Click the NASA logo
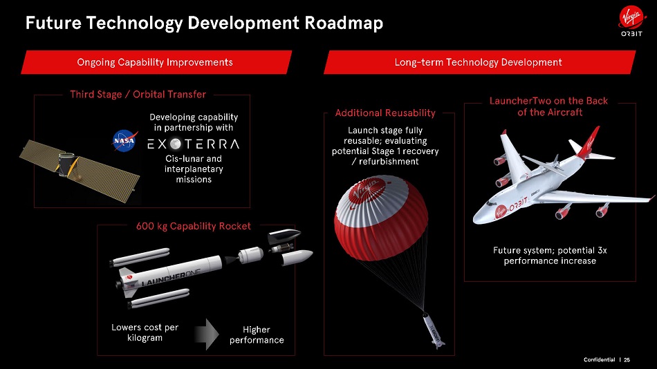(x=125, y=141)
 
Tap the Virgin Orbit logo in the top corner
(x=631, y=23)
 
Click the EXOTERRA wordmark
(x=193, y=144)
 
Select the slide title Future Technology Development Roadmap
(x=204, y=23)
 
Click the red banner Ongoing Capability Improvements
(x=156, y=62)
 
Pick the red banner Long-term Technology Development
(x=479, y=62)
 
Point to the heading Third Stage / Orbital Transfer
(x=138, y=94)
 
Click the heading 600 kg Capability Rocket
(x=194, y=226)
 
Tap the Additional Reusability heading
(x=385, y=113)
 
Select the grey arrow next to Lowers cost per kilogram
(x=207, y=334)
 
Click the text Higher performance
(x=257, y=334)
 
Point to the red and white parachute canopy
(x=381, y=218)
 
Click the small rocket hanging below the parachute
(x=434, y=331)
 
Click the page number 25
(x=627, y=360)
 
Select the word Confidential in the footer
(x=599, y=360)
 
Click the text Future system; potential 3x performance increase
(x=550, y=256)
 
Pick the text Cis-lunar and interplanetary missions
(x=194, y=169)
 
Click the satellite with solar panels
(x=80, y=170)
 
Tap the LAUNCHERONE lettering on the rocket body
(x=172, y=277)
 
